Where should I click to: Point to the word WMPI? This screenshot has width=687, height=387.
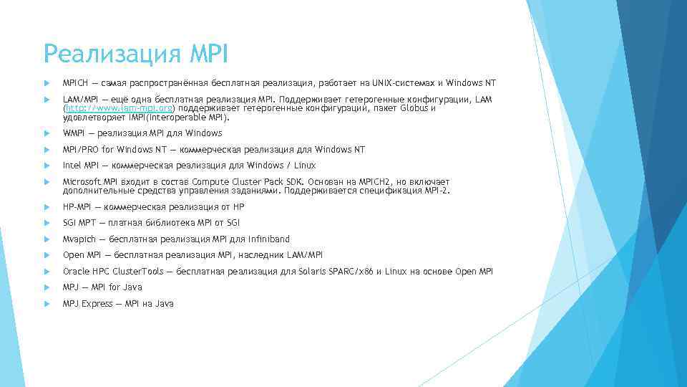(74, 133)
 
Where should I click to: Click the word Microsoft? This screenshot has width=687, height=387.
(82, 182)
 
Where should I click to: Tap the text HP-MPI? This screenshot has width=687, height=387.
(77, 207)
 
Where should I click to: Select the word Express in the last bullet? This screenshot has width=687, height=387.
(97, 304)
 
